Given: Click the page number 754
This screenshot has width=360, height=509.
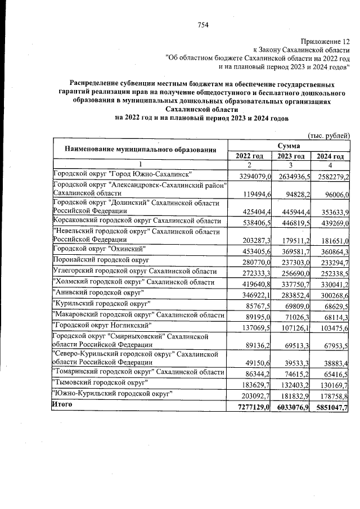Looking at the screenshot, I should pyautogui.click(x=203, y=24).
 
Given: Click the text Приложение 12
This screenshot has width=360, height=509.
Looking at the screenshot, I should pyautogui.click(x=325, y=41).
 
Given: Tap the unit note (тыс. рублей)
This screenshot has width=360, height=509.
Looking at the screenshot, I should pyautogui.click(x=328, y=135).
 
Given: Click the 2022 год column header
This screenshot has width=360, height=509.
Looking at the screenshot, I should pyautogui.click(x=250, y=156).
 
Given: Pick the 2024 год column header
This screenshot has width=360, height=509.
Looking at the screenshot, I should pyautogui.click(x=330, y=156).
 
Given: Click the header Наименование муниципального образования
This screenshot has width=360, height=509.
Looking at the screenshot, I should pyautogui.click(x=140, y=150).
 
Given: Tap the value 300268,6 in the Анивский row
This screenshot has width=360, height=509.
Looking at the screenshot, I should pyautogui.click(x=332, y=294).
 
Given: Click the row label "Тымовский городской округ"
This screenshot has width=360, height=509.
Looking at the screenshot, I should pyautogui.click(x=98, y=382).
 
